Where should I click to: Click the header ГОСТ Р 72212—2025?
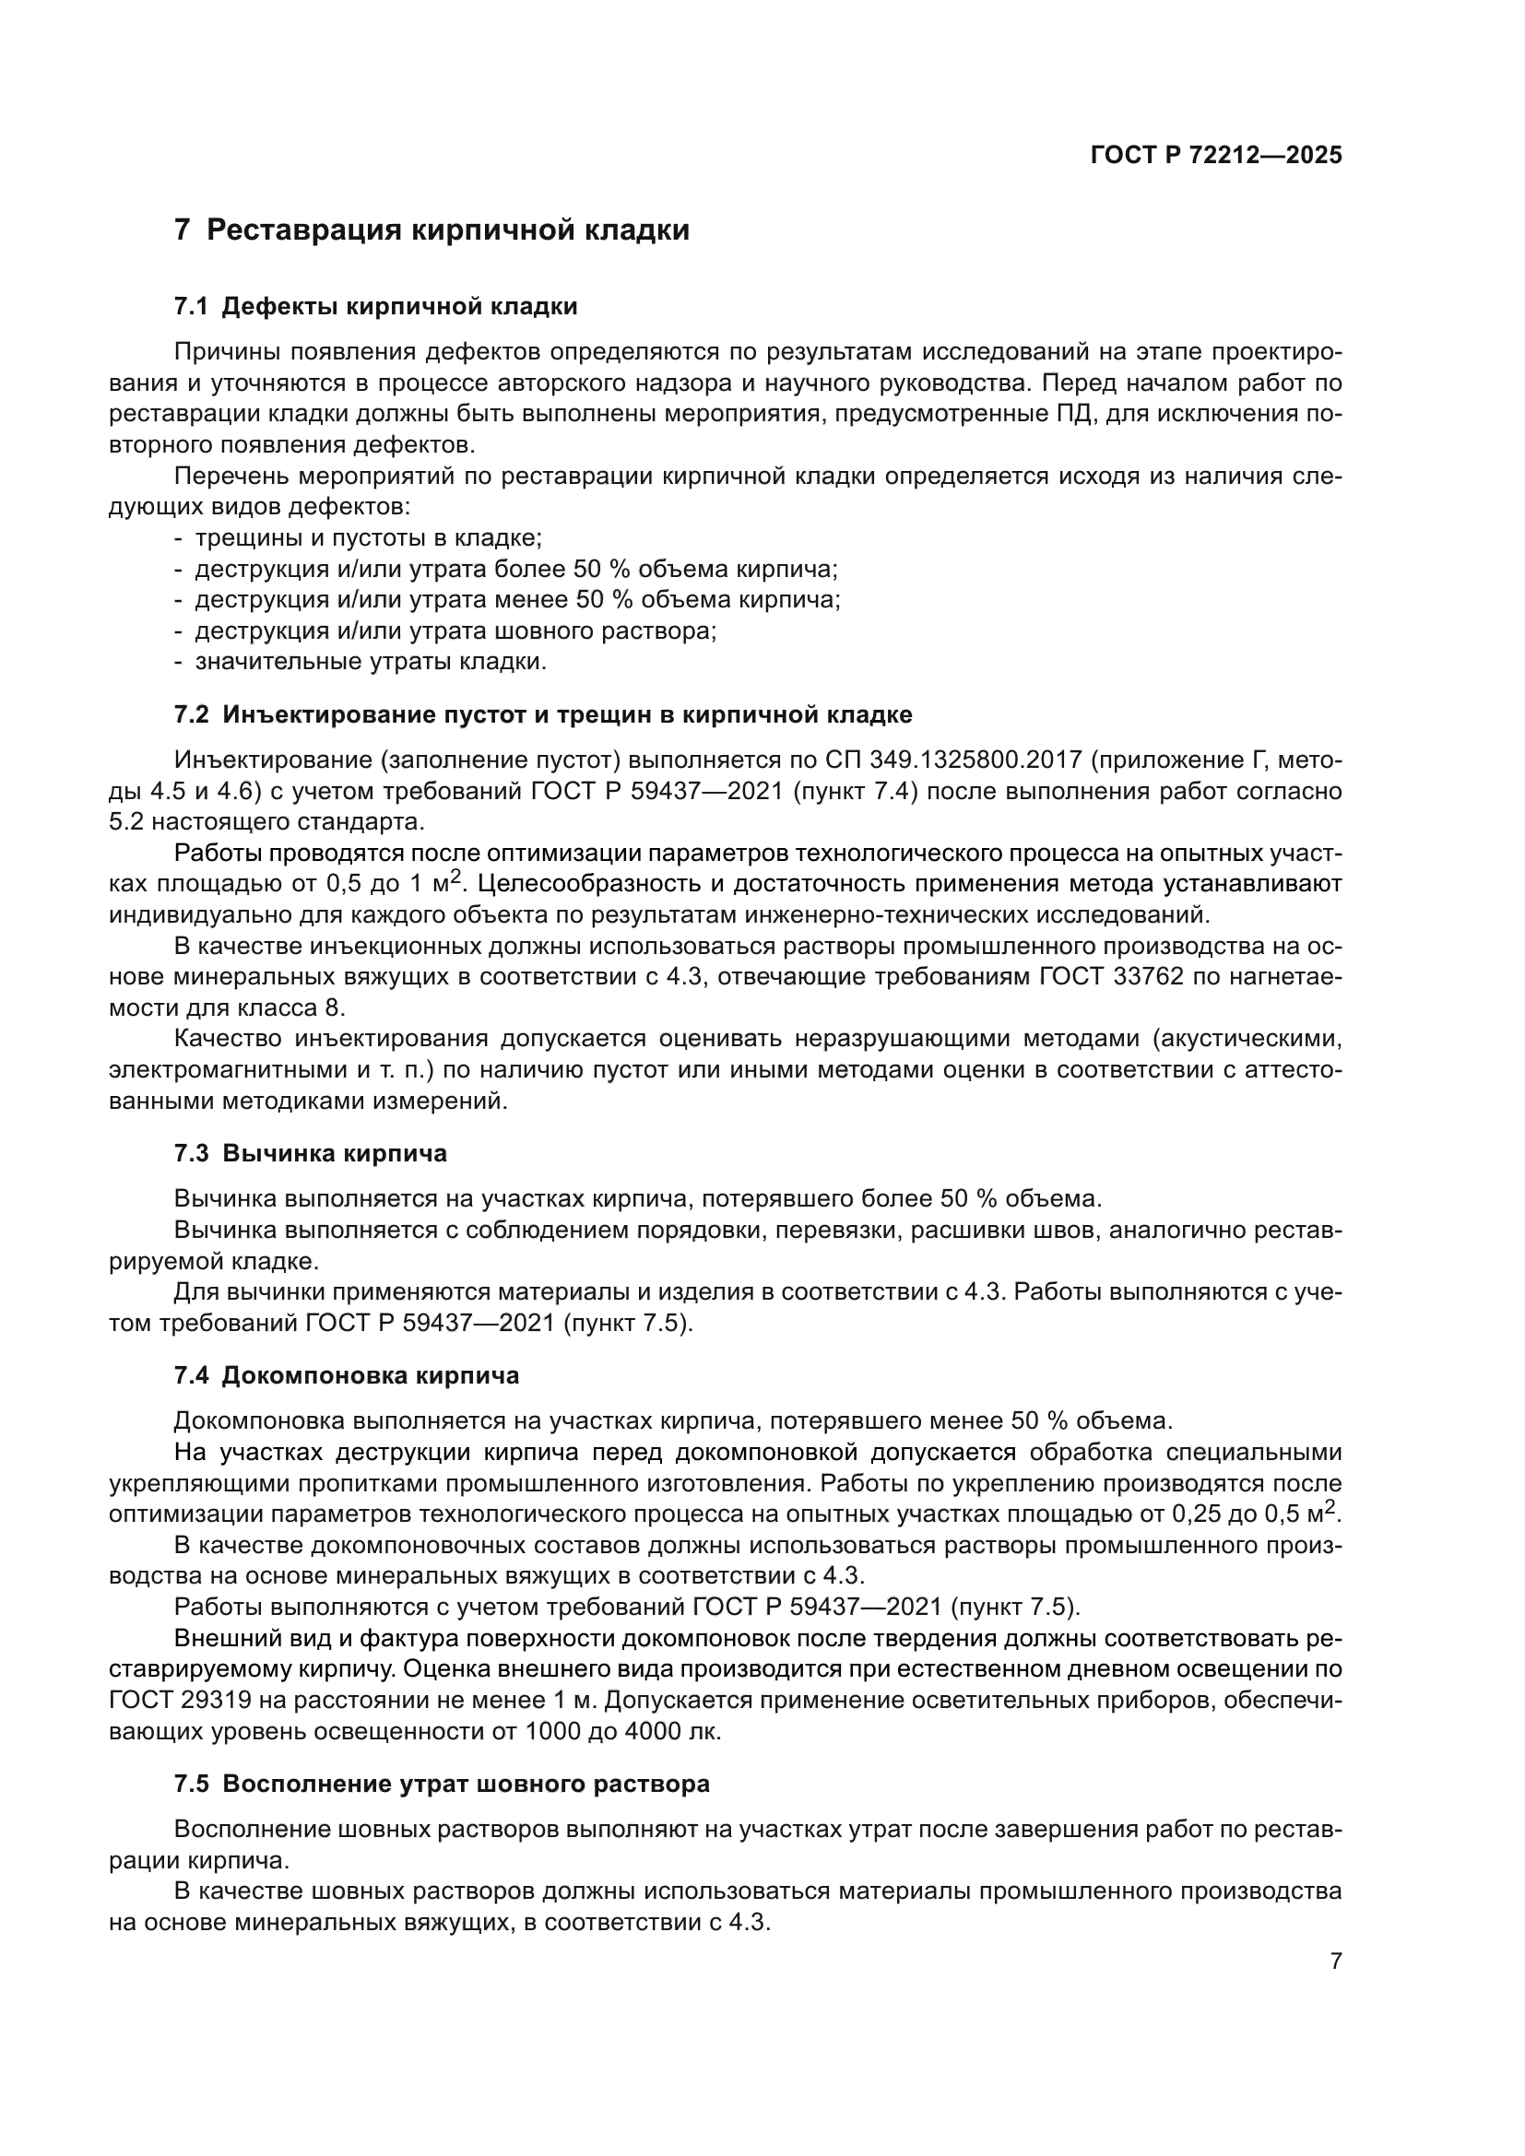point(1216,156)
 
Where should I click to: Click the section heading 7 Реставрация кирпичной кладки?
point(431,230)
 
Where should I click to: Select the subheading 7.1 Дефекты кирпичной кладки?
point(375,307)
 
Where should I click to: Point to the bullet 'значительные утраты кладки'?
point(370,662)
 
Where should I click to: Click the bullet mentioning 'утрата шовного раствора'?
point(455,631)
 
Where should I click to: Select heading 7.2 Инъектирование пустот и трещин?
point(543,714)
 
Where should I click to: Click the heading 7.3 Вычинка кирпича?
point(310,1153)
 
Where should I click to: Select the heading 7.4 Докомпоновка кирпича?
point(346,1375)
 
